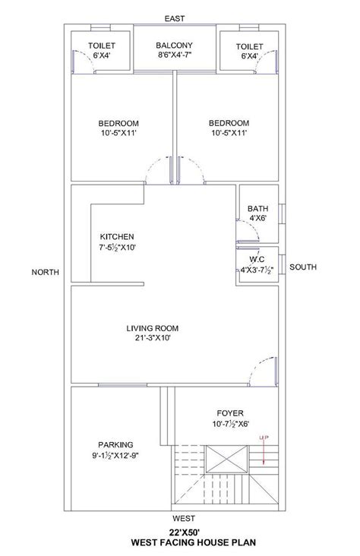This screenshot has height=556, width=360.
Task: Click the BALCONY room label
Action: click(174, 46)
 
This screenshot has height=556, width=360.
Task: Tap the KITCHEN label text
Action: click(117, 237)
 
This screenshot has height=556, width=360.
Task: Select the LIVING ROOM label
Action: click(152, 328)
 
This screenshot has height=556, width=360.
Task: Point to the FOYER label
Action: click(230, 413)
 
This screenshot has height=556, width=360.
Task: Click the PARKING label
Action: click(115, 444)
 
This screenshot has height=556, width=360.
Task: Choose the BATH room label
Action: click(258, 208)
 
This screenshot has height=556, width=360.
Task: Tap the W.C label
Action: click(257, 259)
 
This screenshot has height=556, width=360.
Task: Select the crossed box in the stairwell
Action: click(226, 460)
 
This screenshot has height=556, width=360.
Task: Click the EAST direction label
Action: click(175, 18)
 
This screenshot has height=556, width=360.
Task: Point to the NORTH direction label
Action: click(46, 272)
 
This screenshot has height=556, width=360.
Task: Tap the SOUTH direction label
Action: click(303, 267)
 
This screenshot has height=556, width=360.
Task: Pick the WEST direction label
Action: click(184, 519)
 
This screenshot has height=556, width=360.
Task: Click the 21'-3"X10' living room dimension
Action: click(153, 338)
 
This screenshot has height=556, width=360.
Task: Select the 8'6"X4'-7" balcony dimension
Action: click(174, 55)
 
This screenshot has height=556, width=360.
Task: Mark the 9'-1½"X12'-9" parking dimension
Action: click(115, 455)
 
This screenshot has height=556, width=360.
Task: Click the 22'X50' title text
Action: click(184, 532)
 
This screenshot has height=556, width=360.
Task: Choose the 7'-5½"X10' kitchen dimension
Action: click(118, 248)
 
